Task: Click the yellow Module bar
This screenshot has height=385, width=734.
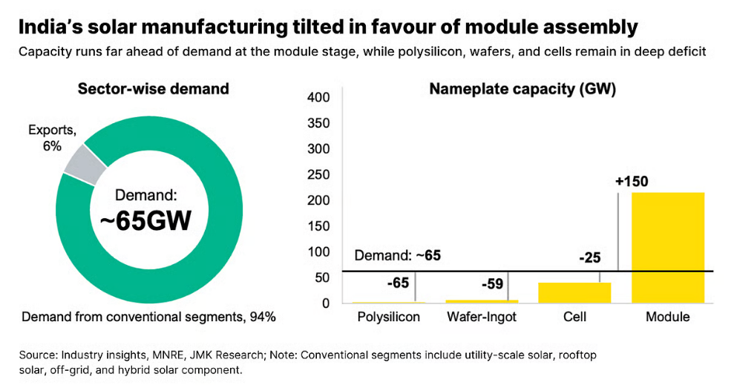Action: coord(667,248)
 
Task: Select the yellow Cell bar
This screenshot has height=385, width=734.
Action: coord(574,293)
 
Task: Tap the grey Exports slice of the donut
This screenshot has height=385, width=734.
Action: coord(85,164)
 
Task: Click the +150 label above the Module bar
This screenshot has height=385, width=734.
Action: coord(632,182)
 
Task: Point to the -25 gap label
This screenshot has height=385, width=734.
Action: coord(590,257)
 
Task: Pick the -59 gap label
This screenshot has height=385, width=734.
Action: coord(493,284)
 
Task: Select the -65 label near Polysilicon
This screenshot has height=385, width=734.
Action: coord(398,283)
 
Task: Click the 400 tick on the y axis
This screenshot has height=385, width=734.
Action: coord(318,97)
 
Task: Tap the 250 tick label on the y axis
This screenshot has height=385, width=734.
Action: coord(318,174)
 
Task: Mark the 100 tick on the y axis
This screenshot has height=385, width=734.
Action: coord(318,251)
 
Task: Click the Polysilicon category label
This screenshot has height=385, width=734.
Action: coord(389,317)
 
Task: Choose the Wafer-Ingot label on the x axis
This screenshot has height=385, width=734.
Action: coord(482,317)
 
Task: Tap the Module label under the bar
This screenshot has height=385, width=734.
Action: coord(667,317)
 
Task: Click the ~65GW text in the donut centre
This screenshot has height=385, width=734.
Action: coord(145,221)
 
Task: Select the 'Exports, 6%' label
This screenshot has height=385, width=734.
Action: coord(52,138)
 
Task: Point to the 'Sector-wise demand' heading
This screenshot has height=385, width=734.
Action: coord(153,89)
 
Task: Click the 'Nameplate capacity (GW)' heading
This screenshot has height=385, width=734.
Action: coord(522,89)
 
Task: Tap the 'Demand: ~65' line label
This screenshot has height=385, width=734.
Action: coord(397,255)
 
